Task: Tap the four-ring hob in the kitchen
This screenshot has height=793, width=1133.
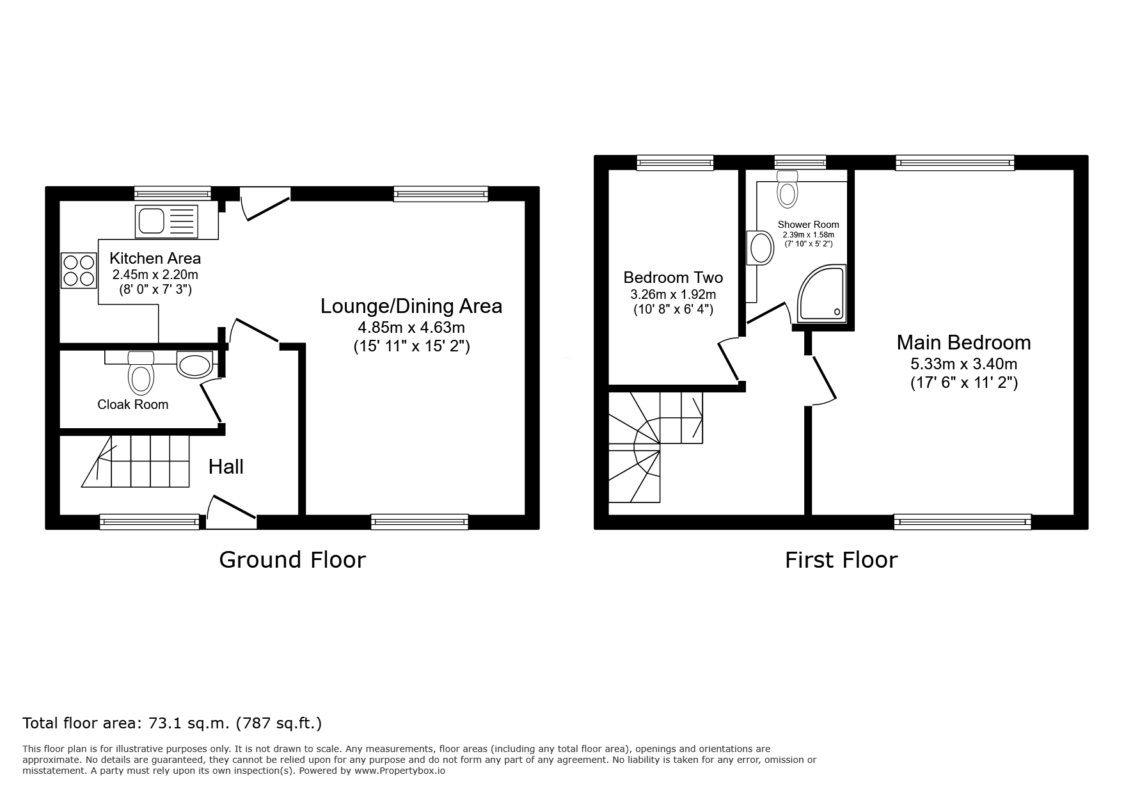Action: pyautogui.click(x=79, y=270)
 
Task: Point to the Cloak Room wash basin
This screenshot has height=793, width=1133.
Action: pyautogui.click(x=194, y=365)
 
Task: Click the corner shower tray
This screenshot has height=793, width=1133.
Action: pyautogui.click(x=821, y=292)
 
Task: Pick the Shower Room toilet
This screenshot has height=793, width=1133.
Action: pyautogui.click(x=788, y=188)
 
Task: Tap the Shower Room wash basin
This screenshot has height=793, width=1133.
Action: pyautogui.click(x=761, y=248)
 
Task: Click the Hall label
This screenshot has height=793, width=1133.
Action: pyautogui.click(x=226, y=467)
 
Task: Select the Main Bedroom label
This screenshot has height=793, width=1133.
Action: pyautogui.click(x=963, y=342)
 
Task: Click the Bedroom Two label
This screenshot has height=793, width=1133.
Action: pyautogui.click(x=673, y=277)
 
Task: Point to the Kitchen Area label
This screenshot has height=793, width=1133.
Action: pyautogui.click(x=155, y=258)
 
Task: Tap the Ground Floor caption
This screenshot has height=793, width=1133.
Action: pyautogui.click(x=292, y=559)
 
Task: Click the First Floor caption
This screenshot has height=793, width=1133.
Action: pyautogui.click(x=841, y=560)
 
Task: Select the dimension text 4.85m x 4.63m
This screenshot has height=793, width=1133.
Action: pyautogui.click(x=411, y=328)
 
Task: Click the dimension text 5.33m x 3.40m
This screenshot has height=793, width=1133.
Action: pyautogui.click(x=964, y=364)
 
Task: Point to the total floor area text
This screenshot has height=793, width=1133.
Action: pyautogui.click(x=172, y=723)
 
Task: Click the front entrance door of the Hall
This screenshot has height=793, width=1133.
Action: pyautogui.click(x=232, y=512)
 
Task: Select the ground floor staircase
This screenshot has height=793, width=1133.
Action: pyautogui.click(x=136, y=461)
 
